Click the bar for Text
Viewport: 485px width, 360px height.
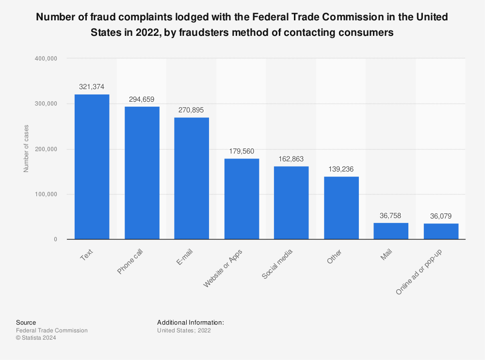click(x=92, y=167)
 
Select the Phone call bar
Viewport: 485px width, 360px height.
click(x=142, y=173)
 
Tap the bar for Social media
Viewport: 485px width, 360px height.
click(x=291, y=203)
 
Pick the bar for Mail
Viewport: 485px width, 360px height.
click(x=391, y=231)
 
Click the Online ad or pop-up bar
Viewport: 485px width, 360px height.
click(x=441, y=232)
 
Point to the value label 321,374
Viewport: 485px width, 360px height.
click(x=92, y=87)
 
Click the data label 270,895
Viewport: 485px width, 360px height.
click(x=192, y=110)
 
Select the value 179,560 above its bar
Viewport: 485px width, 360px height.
click(x=242, y=151)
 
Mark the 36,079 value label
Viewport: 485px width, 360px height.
click(x=441, y=216)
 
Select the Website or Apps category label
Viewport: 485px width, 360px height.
click(x=223, y=269)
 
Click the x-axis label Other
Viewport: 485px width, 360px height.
click(x=334, y=256)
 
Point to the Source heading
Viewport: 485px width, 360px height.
click(x=26, y=323)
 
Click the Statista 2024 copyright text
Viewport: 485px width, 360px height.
click(x=36, y=338)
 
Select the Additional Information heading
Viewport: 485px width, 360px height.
click(x=190, y=323)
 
